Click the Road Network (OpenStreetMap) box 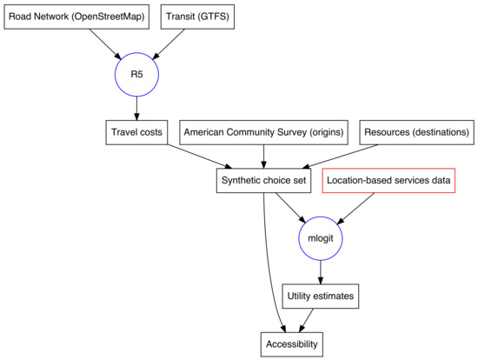(76, 17)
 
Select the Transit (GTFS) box (197, 17)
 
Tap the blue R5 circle (136, 75)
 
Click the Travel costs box (132, 133)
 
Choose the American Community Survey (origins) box (263, 133)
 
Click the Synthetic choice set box (264, 180)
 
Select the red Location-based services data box (388, 180)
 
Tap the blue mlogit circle (321, 237)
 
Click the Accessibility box (291, 344)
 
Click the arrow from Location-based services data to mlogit (356, 208)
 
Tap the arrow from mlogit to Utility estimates (321, 273)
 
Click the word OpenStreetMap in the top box (108, 17)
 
